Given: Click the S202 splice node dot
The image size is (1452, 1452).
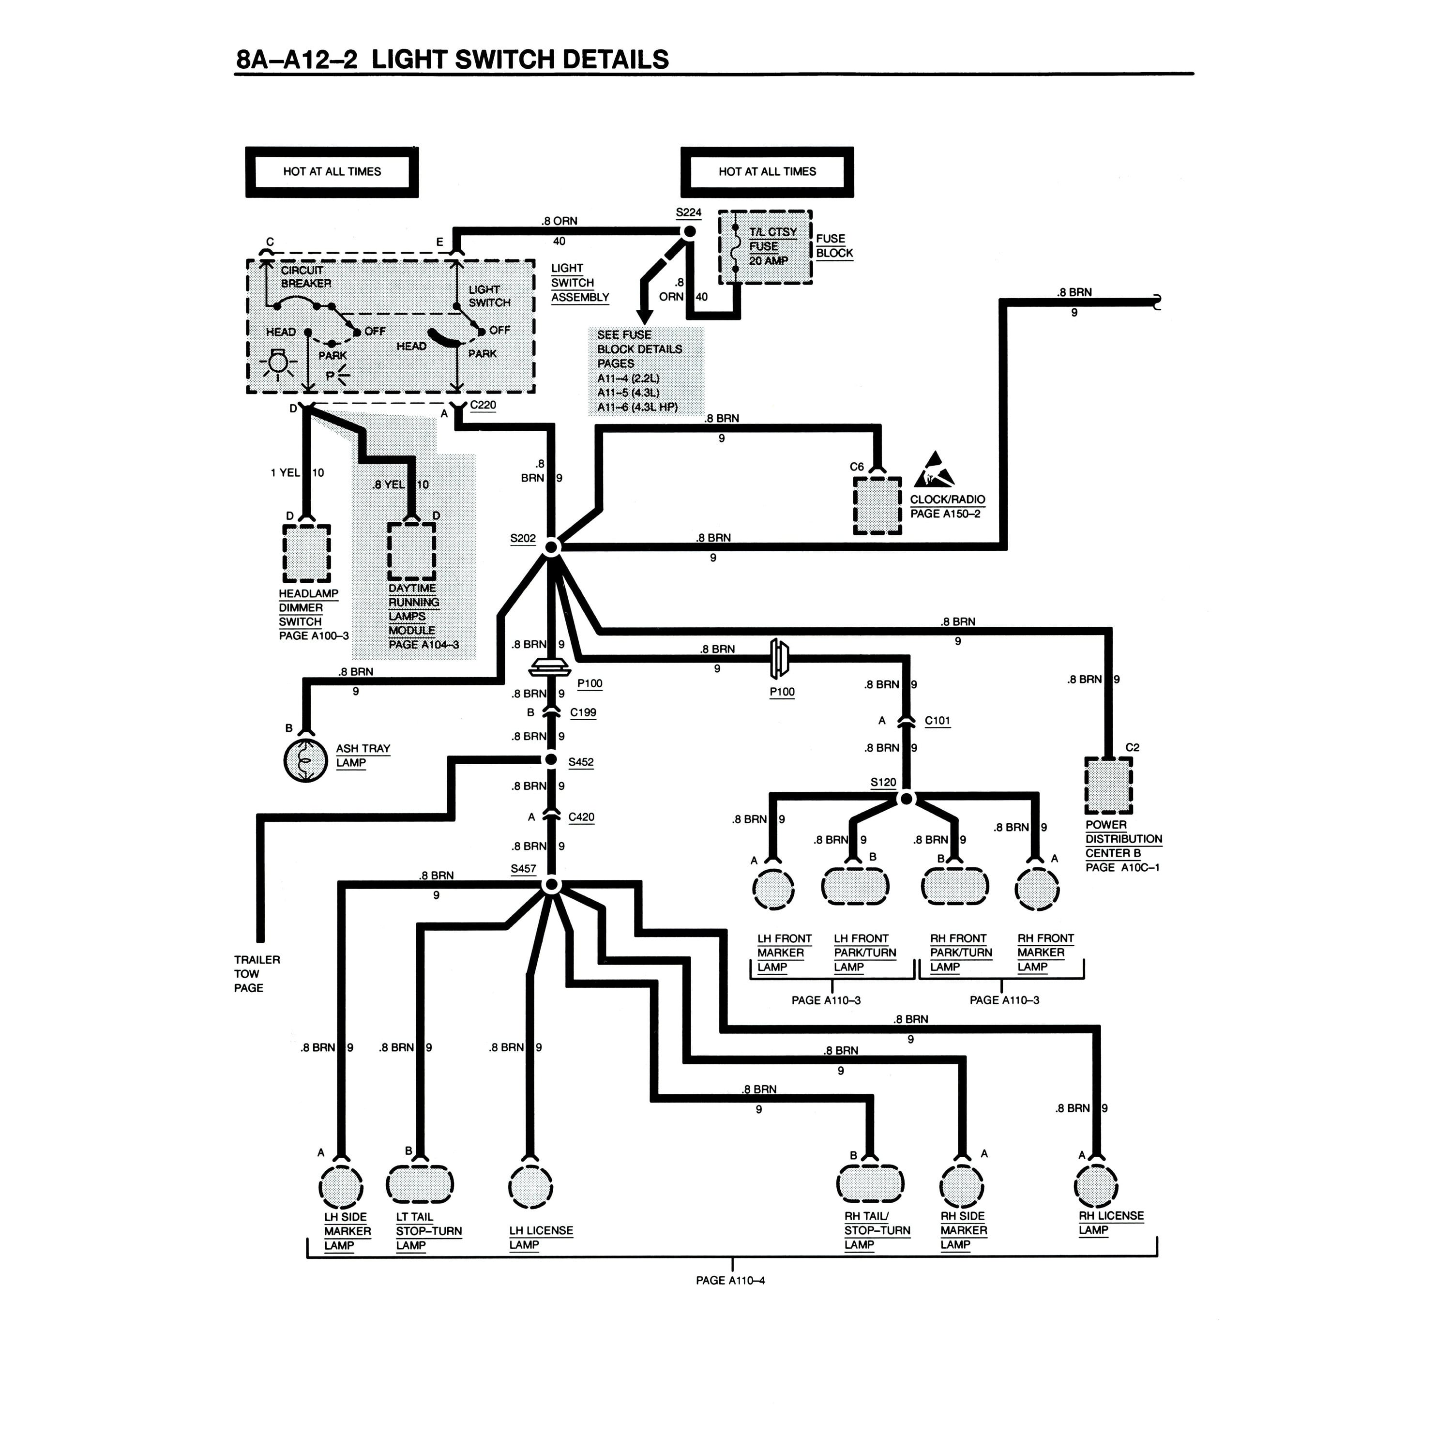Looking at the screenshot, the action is [x=551, y=546].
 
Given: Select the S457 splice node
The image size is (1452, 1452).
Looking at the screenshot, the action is [x=551, y=885].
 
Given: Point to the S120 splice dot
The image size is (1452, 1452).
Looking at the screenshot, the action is [x=907, y=798].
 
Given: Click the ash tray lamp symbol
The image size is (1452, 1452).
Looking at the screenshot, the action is [x=306, y=760].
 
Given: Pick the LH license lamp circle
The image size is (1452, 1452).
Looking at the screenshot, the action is [x=530, y=1187].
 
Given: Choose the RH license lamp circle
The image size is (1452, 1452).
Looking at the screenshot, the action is [x=1097, y=1187].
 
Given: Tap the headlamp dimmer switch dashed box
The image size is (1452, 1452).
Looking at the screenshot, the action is [x=307, y=554].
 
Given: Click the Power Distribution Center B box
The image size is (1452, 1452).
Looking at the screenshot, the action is [x=1108, y=786].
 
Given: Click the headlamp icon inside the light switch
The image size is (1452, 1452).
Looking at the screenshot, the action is [x=278, y=364].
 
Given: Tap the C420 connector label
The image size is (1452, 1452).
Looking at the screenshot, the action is [x=581, y=817].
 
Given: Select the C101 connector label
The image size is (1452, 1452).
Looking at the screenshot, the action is [x=937, y=721].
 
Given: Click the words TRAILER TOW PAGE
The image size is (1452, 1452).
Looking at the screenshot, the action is [x=257, y=973].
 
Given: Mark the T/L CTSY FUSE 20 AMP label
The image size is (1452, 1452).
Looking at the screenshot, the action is [x=772, y=246].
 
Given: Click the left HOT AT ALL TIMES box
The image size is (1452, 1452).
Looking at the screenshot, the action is [x=332, y=172].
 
